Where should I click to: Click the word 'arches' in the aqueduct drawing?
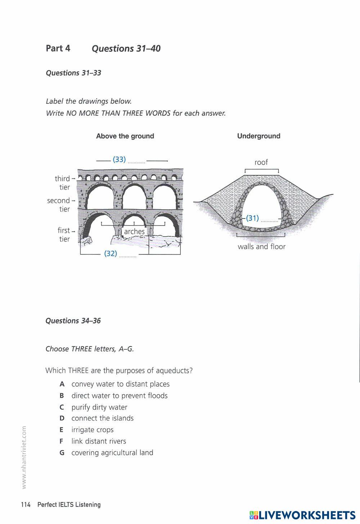tap(134, 231)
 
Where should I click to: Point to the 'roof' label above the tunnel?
tap(261, 162)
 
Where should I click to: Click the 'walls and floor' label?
tap(261, 247)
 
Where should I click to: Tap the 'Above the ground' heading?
tap(125, 136)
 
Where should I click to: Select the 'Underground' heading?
tap(258, 136)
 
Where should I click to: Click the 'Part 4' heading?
tap(58, 48)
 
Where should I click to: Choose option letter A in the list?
tap(62, 384)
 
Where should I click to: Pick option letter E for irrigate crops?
tap(62, 430)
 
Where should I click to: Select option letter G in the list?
tap(62, 453)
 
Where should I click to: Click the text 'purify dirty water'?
tap(99, 407)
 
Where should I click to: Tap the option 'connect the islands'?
tap(102, 418)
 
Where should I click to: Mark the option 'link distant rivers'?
tap(99, 441)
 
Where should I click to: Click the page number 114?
tap(26, 505)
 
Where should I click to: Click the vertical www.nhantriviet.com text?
tap(24, 457)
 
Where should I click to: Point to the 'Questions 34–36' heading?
tap(73, 321)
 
